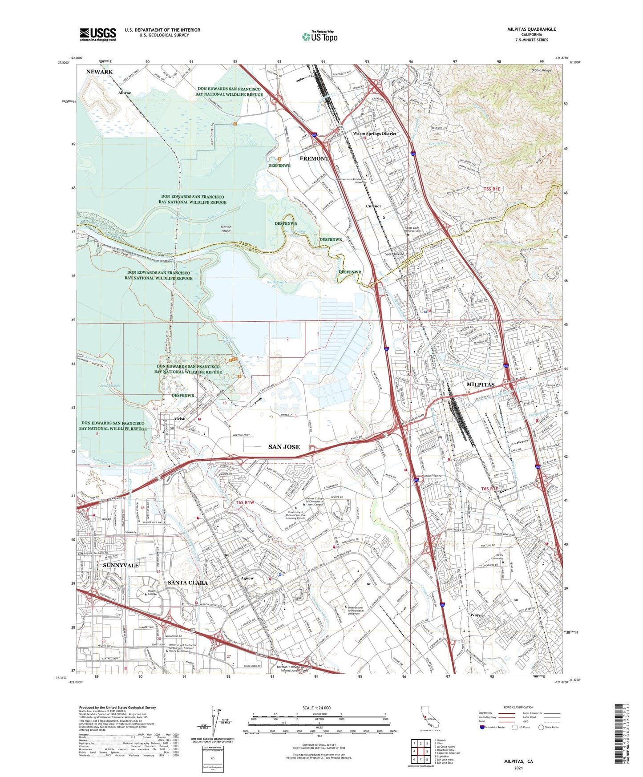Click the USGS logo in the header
point(98,34)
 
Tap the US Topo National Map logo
point(319,36)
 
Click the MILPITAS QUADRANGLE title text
point(531,29)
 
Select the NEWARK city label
point(99,72)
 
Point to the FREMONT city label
point(314,158)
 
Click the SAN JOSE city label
point(284,446)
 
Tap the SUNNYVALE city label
point(121,565)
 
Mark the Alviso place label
point(179,419)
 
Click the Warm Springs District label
point(374,134)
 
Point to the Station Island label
point(226,229)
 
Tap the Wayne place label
point(477,615)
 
